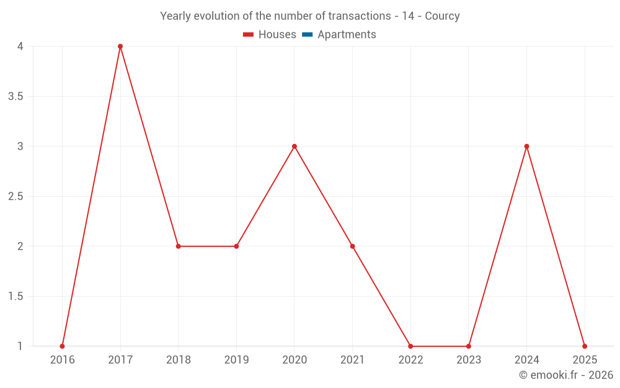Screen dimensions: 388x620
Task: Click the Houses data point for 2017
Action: [x=120, y=47]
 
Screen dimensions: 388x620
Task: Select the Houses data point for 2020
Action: [x=294, y=147]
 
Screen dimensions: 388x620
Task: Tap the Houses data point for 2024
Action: [x=526, y=147]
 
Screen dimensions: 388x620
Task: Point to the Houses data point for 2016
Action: [x=62, y=346]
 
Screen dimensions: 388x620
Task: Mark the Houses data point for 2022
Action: [x=410, y=346]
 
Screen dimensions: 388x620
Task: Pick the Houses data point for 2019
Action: [x=236, y=246]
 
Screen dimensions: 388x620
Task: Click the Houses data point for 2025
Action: [x=585, y=346]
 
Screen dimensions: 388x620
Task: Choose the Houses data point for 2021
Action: [x=352, y=246]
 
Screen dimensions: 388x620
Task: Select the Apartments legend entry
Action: [x=347, y=35]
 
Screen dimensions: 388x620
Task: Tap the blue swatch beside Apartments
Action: [x=307, y=35]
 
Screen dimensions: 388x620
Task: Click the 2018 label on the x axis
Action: [x=178, y=360]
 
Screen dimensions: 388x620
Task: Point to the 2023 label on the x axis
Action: [x=469, y=360]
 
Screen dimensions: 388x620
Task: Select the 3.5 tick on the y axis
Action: [x=15, y=97]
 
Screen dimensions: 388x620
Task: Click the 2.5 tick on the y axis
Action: [x=15, y=197]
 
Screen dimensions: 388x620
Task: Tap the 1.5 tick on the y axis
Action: [x=15, y=297]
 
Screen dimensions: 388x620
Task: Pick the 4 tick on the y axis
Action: [x=20, y=47]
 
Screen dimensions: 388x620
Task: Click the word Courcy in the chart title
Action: [x=442, y=16]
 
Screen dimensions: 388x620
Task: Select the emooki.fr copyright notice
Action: [x=566, y=375]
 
